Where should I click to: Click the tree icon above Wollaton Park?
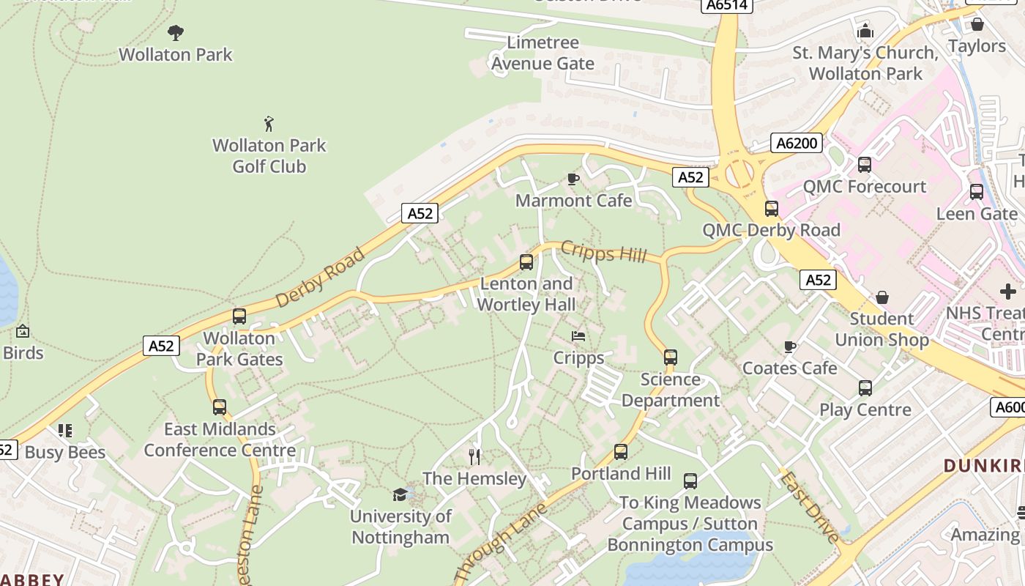pyautogui.click(x=175, y=32)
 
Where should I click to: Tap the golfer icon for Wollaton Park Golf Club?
pyautogui.click(x=269, y=123)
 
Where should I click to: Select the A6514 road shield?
pyautogui.click(x=728, y=5)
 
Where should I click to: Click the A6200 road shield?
pyautogui.click(x=797, y=143)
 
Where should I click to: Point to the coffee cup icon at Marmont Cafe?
pyautogui.click(x=573, y=179)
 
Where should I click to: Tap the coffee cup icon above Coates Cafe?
pyautogui.click(x=789, y=346)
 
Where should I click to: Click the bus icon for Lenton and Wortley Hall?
pyautogui.click(x=526, y=262)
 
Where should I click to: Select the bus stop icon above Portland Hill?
pyautogui.click(x=621, y=452)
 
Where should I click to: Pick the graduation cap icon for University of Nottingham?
pyautogui.click(x=400, y=494)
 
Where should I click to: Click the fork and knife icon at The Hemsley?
pyautogui.click(x=474, y=457)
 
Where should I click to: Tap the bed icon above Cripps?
pyautogui.click(x=578, y=336)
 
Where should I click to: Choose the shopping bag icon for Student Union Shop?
pyautogui.click(x=882, y=297)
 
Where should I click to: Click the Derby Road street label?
pyautogui.click(x=320, y=278)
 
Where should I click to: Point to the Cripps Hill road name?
pyautogui.click(x=603, y=251)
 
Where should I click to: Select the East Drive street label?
pyautogui.click(x=809, y=508)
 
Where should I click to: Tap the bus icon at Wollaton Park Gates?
pyautogui.click(x=239, y=316)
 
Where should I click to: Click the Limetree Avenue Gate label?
pyautogui.click(x=543, y=53)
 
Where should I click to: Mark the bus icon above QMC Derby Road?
pyautogui.click(x=771, y=209)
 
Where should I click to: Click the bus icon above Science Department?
pyautogui.click(x=670, y=357)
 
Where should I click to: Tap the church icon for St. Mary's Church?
pyautogui.click(x=865, y=31)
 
